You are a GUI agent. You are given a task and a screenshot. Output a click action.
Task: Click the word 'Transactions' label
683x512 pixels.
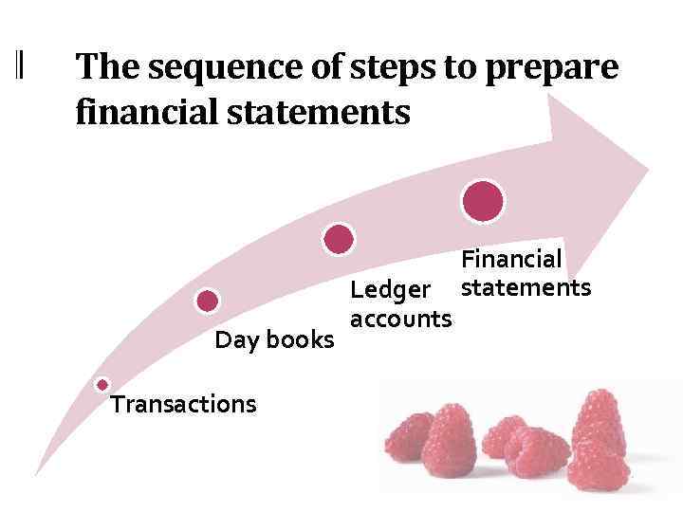[183, 405]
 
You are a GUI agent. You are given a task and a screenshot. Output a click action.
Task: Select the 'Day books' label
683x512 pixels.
[274, 339]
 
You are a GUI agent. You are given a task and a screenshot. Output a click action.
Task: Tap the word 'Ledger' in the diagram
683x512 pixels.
[391, 288]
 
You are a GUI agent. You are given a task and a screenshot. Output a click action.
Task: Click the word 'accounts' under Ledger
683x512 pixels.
[400, 319]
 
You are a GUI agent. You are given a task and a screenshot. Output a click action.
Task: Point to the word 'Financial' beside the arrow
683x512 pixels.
[511, 258]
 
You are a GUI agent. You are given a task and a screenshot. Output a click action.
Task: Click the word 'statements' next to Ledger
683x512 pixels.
[526, 286]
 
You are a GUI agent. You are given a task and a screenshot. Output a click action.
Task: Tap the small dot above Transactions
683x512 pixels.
[102, 385]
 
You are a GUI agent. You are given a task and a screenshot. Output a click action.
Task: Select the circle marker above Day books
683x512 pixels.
[208, 302]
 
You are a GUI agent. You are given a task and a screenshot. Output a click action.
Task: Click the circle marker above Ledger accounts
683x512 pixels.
[339, 239]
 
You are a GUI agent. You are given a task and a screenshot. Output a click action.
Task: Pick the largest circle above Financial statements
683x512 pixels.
[483, 200]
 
